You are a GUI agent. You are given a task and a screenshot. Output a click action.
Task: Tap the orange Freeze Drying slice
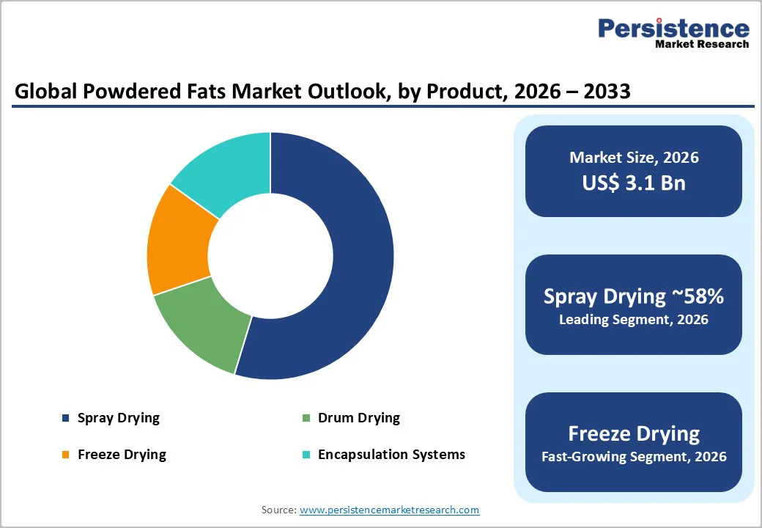tap(176, 242)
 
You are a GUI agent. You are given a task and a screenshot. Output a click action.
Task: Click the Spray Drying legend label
tap(118, 418)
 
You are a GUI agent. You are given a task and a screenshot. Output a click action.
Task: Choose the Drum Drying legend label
tap(358, 418)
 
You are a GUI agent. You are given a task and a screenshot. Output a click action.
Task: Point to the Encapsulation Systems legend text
tap(391, 455)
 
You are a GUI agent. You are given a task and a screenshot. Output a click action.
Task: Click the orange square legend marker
tap(65, 455)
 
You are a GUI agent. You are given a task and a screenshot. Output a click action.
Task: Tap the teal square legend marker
tap(306, 455)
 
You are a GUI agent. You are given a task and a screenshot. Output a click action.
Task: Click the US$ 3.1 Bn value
tap(634, 183)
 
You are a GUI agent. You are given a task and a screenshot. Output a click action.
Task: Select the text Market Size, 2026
tap(634, 158)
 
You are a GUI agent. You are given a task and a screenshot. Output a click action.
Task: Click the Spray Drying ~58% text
tap(634, 296)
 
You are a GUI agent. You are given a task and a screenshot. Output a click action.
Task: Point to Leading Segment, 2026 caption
tap(634, 320)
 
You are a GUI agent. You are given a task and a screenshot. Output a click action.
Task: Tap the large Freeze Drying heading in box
tap(634, 433)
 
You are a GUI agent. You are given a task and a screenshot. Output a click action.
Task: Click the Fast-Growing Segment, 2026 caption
tap(634, 457)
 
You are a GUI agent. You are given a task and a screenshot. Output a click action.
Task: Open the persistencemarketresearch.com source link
tap(389, 510)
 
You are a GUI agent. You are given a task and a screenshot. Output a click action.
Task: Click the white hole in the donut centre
tap(270, 257)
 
